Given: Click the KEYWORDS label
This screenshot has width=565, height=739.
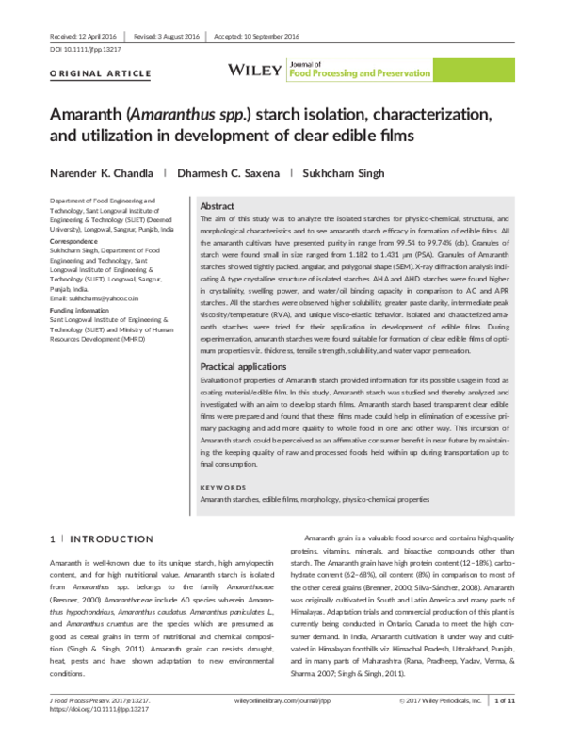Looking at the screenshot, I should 226,487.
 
